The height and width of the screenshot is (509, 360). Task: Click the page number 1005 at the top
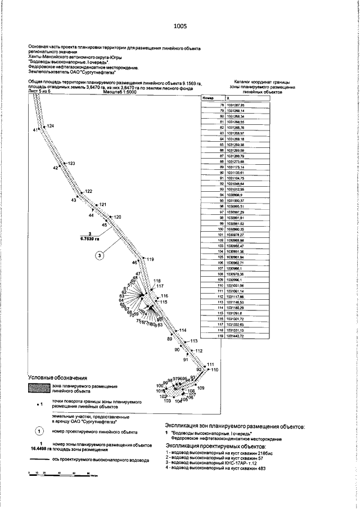[180, 25]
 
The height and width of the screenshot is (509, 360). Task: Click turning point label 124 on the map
[51, 125]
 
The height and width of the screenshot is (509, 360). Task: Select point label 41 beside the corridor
[35, 130]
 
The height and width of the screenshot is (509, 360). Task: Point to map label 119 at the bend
[150, 259]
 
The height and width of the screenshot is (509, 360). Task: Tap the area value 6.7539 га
[90, 238]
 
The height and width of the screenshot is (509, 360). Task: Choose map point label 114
[182, 330]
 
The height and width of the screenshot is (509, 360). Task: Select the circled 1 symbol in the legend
[39, 431]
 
